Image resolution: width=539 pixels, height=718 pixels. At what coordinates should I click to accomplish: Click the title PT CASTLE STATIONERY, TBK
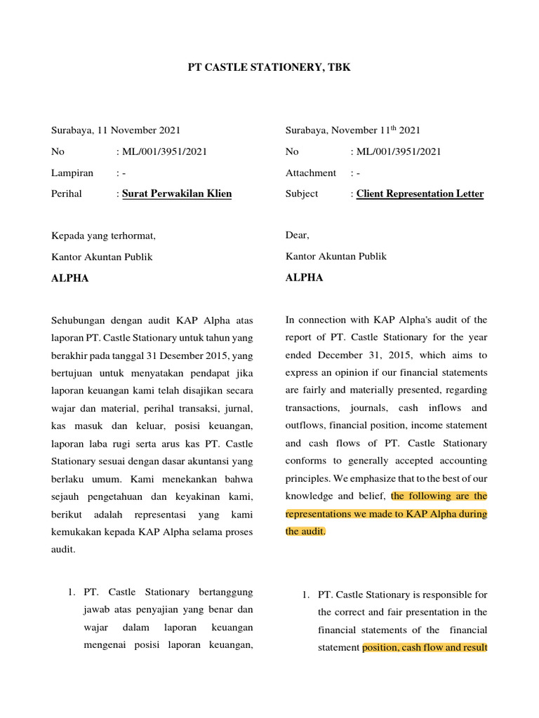point(269,67)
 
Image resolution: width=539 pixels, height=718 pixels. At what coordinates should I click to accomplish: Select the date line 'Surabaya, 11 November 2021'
point(116,130)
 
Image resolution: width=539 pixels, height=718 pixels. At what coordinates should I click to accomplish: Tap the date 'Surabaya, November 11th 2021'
point(352,130)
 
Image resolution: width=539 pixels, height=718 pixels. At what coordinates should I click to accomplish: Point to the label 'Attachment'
point(310,172)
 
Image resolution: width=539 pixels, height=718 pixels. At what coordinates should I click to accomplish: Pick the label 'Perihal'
point(67,194)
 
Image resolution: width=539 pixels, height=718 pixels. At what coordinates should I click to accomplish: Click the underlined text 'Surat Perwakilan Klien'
point(177,194)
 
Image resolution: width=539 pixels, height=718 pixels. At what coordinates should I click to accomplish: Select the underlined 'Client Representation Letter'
point(420,194)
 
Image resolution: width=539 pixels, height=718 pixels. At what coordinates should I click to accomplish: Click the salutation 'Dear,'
point(298,236)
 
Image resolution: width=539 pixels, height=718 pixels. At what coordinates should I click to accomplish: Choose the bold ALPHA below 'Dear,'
point(304,278)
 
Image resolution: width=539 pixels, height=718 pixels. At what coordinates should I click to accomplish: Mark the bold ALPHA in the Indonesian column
point(70,278)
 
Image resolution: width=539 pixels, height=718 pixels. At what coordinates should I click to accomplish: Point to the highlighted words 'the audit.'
point(305,531)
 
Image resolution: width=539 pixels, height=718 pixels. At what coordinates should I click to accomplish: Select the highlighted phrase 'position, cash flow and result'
point(425,647)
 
